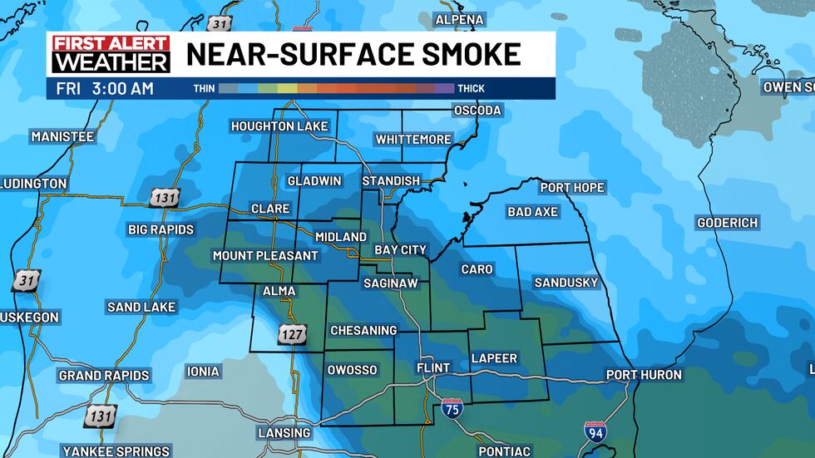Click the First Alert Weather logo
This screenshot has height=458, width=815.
[110, 54]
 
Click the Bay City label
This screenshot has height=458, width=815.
[400, 249]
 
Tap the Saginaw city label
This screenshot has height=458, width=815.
[390, 283]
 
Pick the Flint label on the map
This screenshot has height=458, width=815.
[433, 367]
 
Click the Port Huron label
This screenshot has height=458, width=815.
[644, 375]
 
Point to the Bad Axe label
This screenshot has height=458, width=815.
[532, 212]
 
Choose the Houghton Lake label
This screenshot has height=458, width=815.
[279, 126]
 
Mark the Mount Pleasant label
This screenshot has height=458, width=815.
[265, 255]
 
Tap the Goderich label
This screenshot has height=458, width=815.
[728, 223]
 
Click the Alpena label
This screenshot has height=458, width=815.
[460, 19]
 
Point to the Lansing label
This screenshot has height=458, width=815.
[284, 433]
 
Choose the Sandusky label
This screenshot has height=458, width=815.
[566, 283]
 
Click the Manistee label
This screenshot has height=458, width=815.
[62, 136]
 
